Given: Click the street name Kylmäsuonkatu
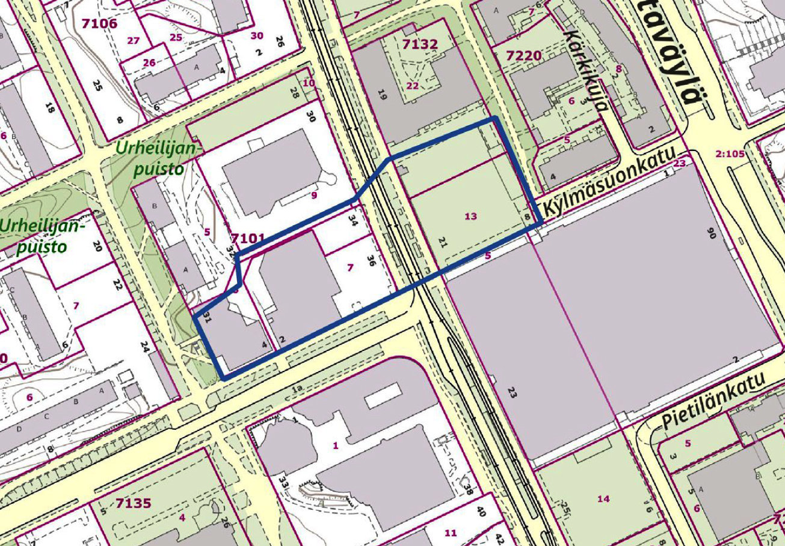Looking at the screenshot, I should [614, 182].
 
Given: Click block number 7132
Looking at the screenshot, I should [420, 43].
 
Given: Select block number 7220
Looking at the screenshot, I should [523, 56].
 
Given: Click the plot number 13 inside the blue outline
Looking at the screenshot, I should [471, 216].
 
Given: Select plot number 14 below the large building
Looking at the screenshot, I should [603, 498].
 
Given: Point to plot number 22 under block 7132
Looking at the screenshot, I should [412, 85].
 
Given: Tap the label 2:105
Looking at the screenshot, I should [731, 153].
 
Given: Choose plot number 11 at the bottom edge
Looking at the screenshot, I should [451, 533].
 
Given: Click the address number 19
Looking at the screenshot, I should [381, 95].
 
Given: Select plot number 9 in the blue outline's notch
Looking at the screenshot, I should [313, 195].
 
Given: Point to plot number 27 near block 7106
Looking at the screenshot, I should [134, 40].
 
